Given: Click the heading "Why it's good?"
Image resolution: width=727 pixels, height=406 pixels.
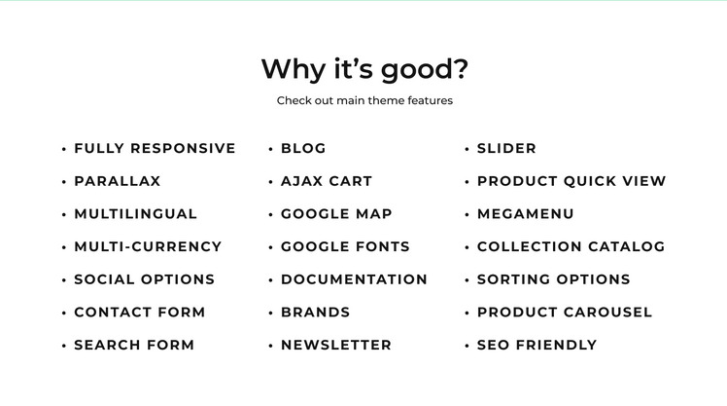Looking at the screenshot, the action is (364, 69).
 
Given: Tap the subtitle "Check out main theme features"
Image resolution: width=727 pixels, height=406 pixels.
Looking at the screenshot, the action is (364, 100).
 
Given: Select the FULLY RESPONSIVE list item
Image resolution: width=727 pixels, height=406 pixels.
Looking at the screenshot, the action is (155, 148).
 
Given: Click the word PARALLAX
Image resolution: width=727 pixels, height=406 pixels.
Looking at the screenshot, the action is (118, 181).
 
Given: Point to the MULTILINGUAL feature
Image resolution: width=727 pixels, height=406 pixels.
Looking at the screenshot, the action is (136, 213).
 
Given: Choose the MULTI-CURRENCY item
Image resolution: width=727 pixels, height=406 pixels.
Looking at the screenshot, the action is (148, 246).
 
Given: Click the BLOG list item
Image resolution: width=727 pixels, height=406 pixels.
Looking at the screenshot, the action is (303, 148).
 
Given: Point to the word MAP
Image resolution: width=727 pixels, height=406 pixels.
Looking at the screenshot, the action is (373, 213).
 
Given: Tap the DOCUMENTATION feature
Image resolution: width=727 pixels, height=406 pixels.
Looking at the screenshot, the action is (354, 279).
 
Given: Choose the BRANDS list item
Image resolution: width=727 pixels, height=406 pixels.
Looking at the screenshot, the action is (315, 313).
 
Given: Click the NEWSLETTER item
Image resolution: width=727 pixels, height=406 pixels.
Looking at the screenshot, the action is (336, 345).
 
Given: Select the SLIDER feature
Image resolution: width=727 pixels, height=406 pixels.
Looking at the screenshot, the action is (506, 148).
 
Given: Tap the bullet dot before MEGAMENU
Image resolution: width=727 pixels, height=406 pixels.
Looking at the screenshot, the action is (467, 214).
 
